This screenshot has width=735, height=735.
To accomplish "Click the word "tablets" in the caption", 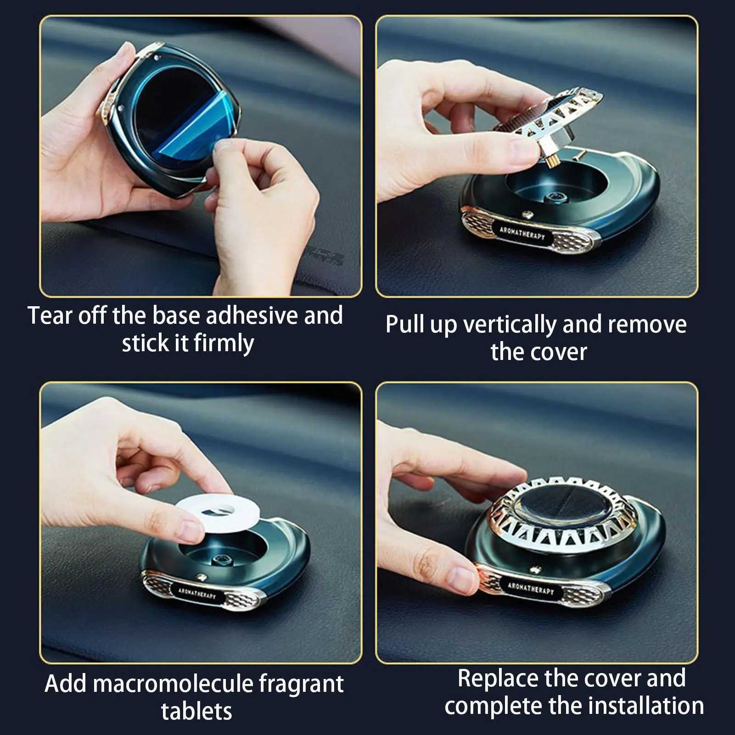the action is pyautogui.click(x=196, y=711).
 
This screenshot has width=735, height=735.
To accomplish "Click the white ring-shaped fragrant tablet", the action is pyautogui.click(x=219, y=512).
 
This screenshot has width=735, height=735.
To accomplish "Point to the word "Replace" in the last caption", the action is pyautogui.click(x=497, y=679).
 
